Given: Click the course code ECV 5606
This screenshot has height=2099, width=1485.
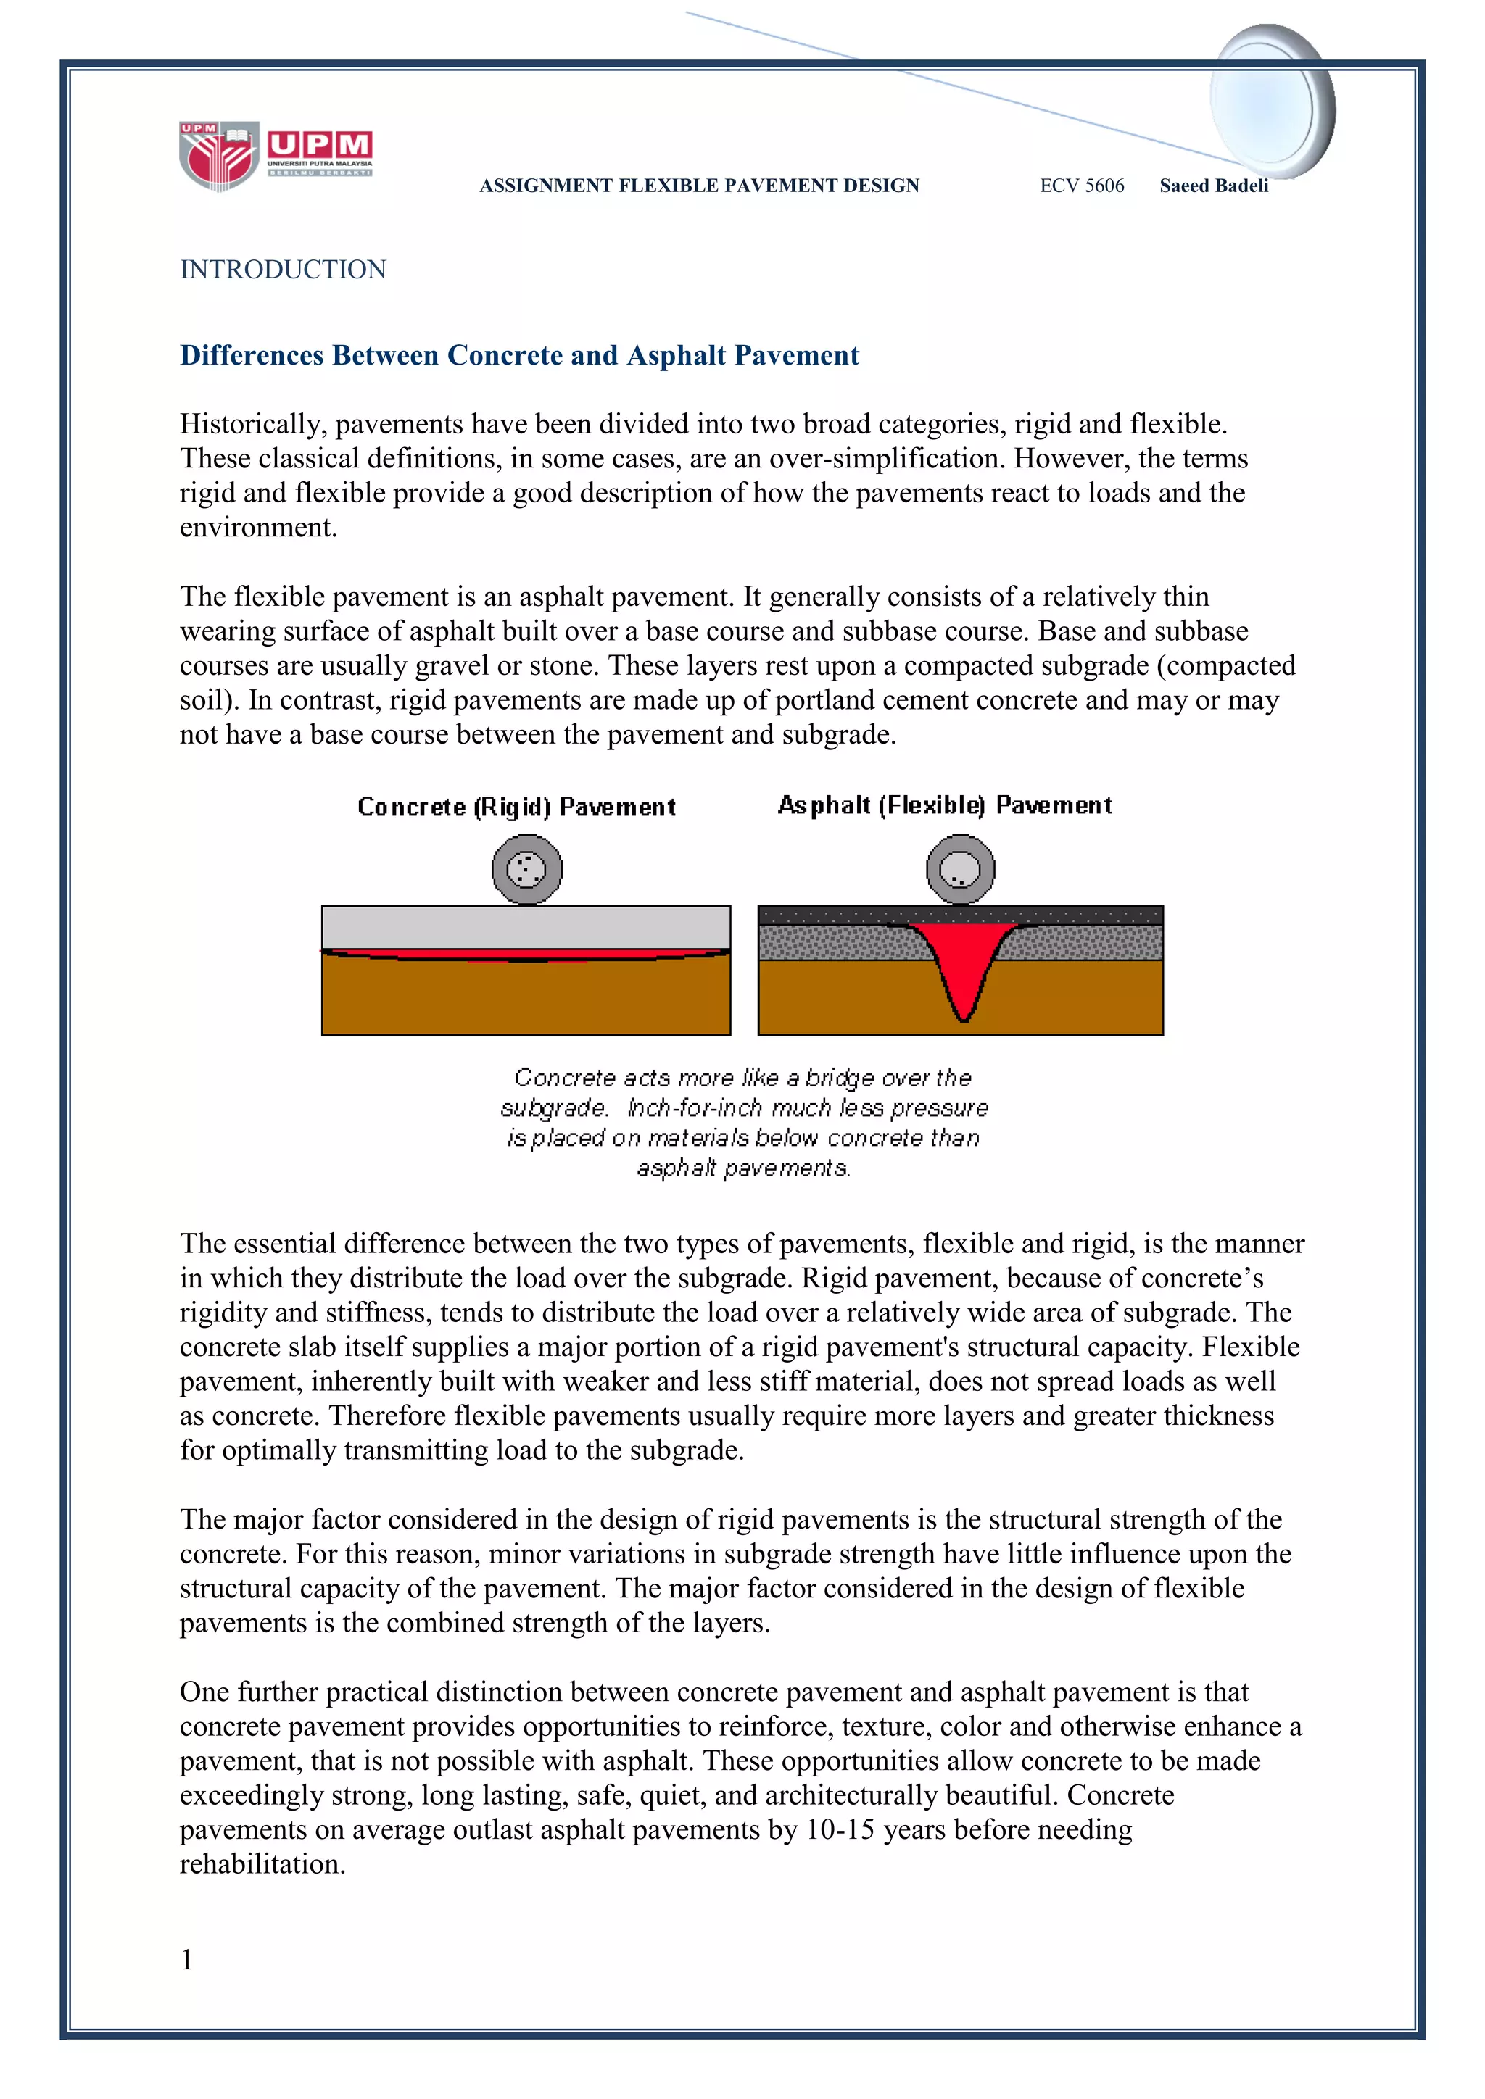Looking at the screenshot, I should click(1082, 186).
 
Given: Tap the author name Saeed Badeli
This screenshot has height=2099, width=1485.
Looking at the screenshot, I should click(1213, 186).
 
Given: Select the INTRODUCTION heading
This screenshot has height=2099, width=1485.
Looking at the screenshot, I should click(283, 270).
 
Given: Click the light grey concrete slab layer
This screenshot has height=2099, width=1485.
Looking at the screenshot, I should click(526, 927).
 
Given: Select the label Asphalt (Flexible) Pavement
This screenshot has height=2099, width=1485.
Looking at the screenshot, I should click(945, 805).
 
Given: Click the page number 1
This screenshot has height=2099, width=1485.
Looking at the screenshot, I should click(186, 1959).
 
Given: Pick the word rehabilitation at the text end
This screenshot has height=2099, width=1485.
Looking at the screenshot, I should click(262, 1864).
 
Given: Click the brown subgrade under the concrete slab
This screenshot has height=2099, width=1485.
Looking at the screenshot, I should click(526, 1001).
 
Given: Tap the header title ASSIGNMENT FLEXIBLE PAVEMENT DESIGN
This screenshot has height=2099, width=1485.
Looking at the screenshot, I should click(700, 186).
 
